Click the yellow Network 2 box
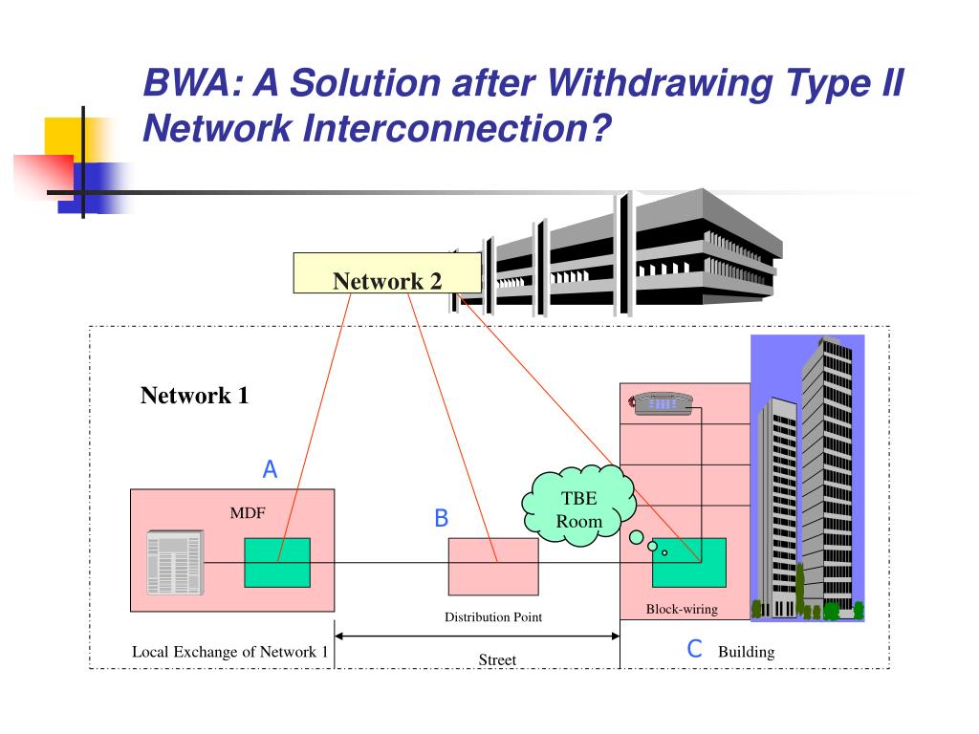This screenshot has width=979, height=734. [x=386, y=272]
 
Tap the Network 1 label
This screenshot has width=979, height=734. [x=194, y=396]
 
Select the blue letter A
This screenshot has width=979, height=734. [x=270, y=469]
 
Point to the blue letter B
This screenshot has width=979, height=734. [x=441, y=518]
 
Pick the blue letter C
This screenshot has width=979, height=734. [x=695, y=649]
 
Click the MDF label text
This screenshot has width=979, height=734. [x=247, y=513]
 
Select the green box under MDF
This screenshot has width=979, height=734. [x=276, y=562]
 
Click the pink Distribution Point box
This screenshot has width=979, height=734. [x=492, y=566]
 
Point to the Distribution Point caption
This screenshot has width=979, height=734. [x=492, y=616]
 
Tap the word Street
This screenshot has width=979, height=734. [x=497, y=659]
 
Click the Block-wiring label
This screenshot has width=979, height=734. [x=682, y=609]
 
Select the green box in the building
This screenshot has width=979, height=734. [x=688, y=562]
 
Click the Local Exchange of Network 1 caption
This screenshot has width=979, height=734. [x=229, y=652]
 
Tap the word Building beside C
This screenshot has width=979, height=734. [x=746, y=652]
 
